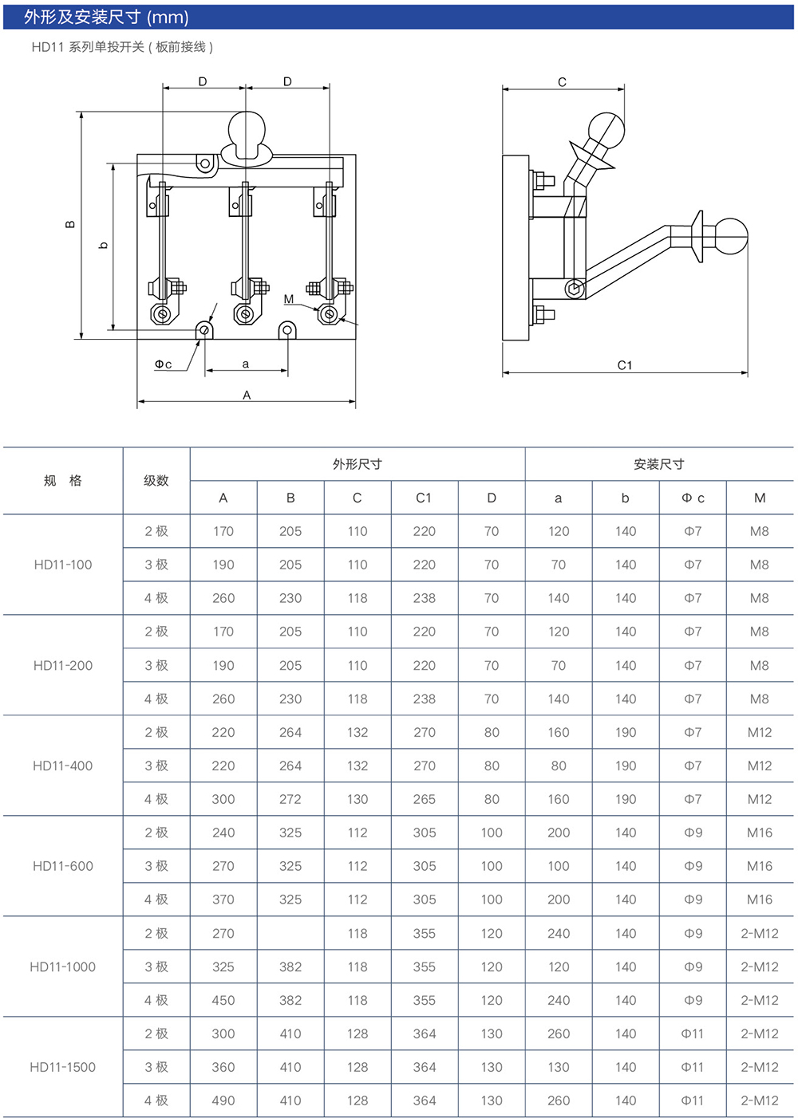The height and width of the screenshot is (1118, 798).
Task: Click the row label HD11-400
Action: click(x=63, y=766)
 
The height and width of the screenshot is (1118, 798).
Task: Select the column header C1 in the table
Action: click(x=424, y=498)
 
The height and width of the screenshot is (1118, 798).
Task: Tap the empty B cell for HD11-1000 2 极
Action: click(x=290, y=933)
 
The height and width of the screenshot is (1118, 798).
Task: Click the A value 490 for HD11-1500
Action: click(x=223, y=1100)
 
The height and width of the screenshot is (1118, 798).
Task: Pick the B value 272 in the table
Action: click(x=290, y=799)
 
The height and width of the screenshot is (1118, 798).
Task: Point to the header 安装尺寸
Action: click(x=658, y=464)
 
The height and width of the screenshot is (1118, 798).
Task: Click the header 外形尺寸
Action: click(x=357, y=464)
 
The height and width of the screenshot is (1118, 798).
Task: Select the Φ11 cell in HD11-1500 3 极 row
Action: click(x=693, y=1067)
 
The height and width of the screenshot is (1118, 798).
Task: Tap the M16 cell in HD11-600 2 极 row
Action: click(x=759, y=833)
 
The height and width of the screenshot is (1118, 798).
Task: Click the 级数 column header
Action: click(x=156, y=481)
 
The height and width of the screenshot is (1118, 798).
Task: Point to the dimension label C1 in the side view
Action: click(x=625, y=365)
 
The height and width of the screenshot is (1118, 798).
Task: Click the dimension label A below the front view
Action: click(x=247, y=395)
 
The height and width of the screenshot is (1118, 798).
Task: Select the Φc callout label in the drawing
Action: click(x=164, y=364)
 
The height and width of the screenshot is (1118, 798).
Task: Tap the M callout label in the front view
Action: click(x=289, y=299)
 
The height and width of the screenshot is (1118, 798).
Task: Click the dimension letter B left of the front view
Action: click(x=70, y=224)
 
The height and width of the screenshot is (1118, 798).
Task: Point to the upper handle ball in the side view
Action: click(x=606, y=130)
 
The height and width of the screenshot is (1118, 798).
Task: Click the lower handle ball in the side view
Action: click(x=729, y=234)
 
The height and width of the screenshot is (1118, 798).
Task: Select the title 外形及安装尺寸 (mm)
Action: click(x=106, y=17)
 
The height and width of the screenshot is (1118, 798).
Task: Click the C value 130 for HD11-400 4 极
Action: click(x=358, y=799)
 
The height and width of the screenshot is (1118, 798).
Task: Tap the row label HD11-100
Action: click(x=63, y=565)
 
